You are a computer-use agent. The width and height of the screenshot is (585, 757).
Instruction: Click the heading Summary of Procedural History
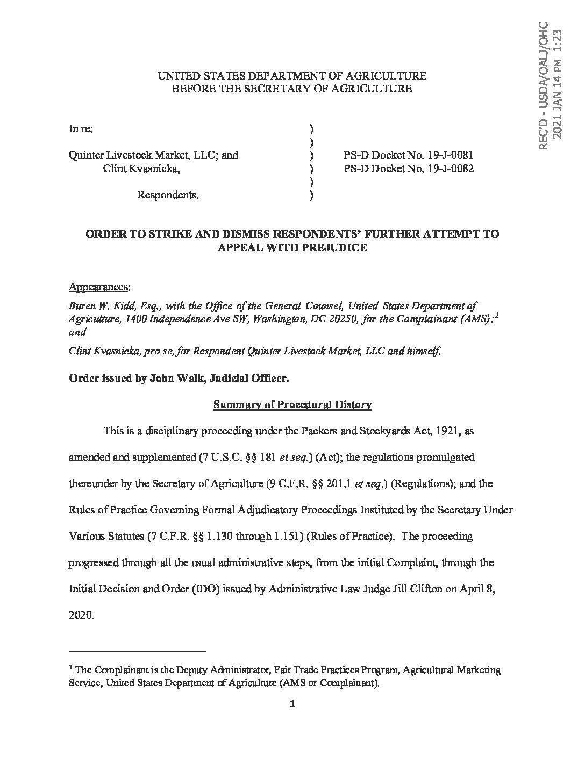click(x=292, y=405)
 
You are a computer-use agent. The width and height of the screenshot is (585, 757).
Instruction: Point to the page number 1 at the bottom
click(x=292, y=705)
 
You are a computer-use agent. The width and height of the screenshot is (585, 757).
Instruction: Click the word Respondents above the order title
click(x=168, y=195)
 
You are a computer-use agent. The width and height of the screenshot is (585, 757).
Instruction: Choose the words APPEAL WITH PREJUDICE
click(x=292, y=247)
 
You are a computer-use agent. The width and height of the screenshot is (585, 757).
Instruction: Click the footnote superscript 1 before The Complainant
click(x=71, y=668)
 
